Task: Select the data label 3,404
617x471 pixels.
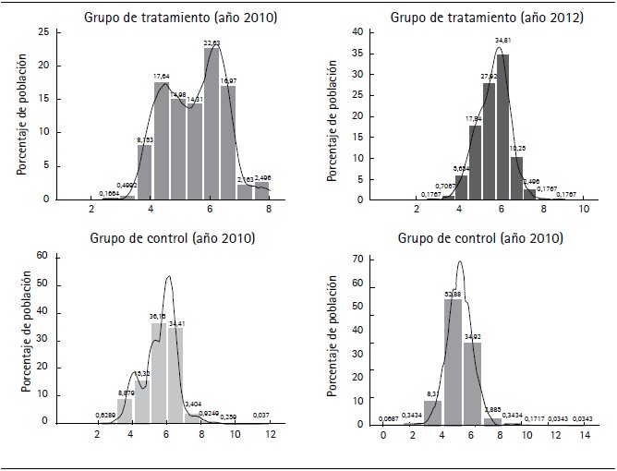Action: tap(193, 405)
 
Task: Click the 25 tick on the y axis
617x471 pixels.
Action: tap(43, 32)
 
